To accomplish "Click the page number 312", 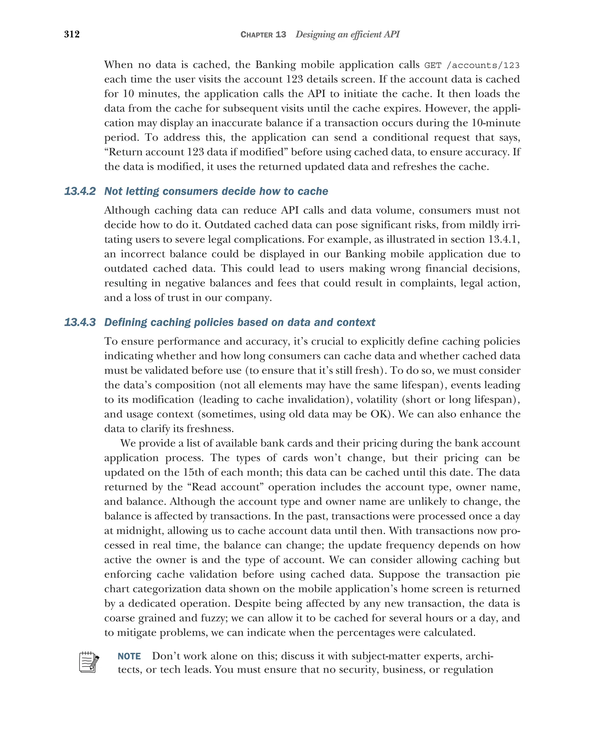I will tap(72, 34).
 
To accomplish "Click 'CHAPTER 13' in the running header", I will tap(263, 35).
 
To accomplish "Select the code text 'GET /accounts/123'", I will tap(472, 65).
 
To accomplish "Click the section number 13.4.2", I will tap(80, 191).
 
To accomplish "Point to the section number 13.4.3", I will tap(80, 323).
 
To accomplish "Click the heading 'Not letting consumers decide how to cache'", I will tap(216, 191).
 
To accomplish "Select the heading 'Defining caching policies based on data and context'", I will tap(240, 323).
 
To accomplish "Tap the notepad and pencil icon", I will tap(89, 662).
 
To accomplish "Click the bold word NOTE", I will tap(129, 656).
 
